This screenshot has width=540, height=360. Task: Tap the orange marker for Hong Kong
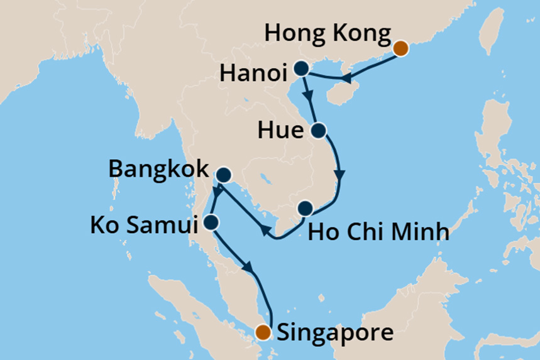click(x=400, y=48)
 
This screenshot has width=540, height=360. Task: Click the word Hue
click(x=280, y=131)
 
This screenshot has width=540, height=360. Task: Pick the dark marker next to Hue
click(x=318, y=131)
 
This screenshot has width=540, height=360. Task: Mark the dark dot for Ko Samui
click(x=211, y=222)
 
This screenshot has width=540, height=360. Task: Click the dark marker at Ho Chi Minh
click(x=305, y=209)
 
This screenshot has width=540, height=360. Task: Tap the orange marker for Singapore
click(x=265, y=331)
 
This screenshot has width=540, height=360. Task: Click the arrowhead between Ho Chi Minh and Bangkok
click(x=266, y=232)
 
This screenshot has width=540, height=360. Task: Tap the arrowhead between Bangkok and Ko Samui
click(x=216, y=190)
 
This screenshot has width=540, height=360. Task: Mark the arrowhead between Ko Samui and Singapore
click(x=251, y=268)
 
